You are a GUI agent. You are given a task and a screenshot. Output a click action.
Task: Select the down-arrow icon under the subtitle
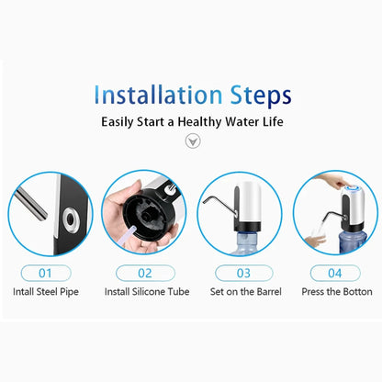click(192, 142)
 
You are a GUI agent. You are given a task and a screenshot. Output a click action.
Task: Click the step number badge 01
click(49, 272)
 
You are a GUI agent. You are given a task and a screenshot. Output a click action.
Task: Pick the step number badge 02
click(144, 272)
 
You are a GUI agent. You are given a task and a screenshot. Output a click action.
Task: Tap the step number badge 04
click(333, 272)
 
